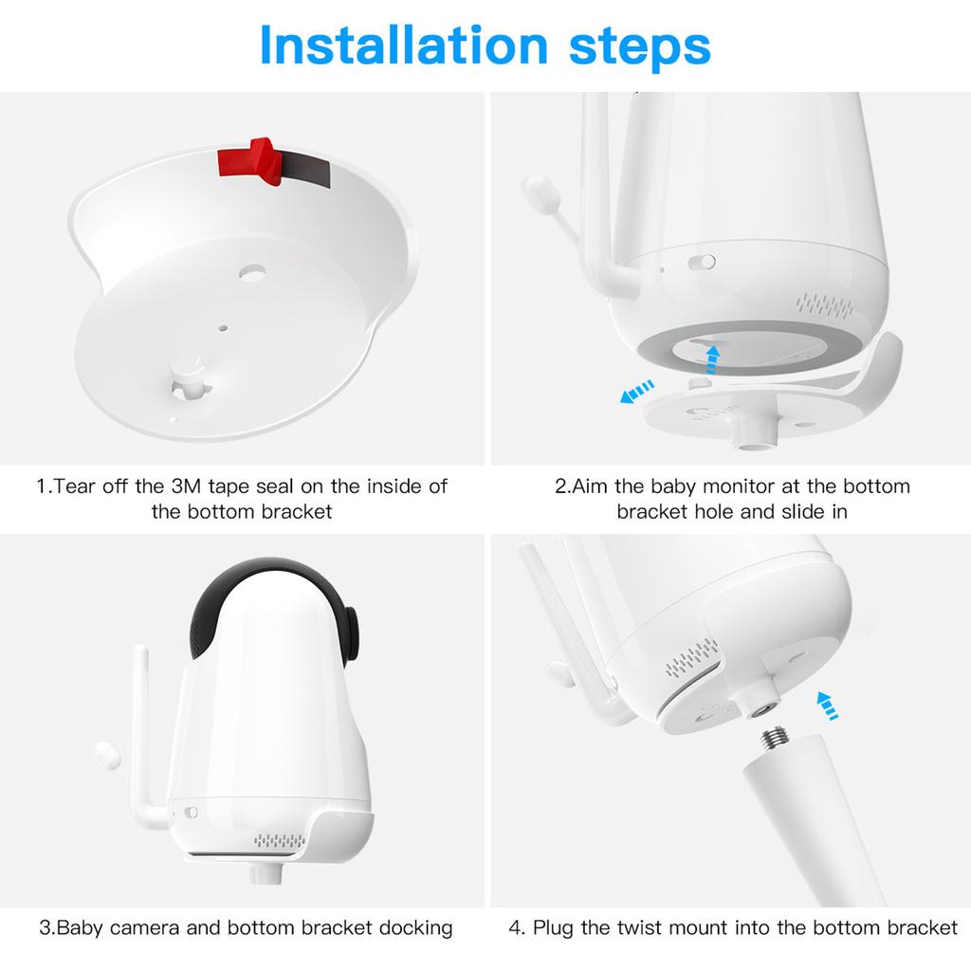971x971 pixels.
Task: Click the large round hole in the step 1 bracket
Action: [252, 272]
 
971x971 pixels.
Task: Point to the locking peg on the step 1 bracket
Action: [190, 375]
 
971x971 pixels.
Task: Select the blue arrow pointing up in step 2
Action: [713, 359]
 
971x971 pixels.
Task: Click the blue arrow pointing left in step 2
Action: [636, 392]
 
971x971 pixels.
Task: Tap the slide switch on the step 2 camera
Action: [702, 262]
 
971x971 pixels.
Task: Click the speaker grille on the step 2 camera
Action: [825, 304]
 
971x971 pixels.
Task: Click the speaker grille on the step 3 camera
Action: [280, 840]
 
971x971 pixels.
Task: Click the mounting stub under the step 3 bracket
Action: [266, 872]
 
